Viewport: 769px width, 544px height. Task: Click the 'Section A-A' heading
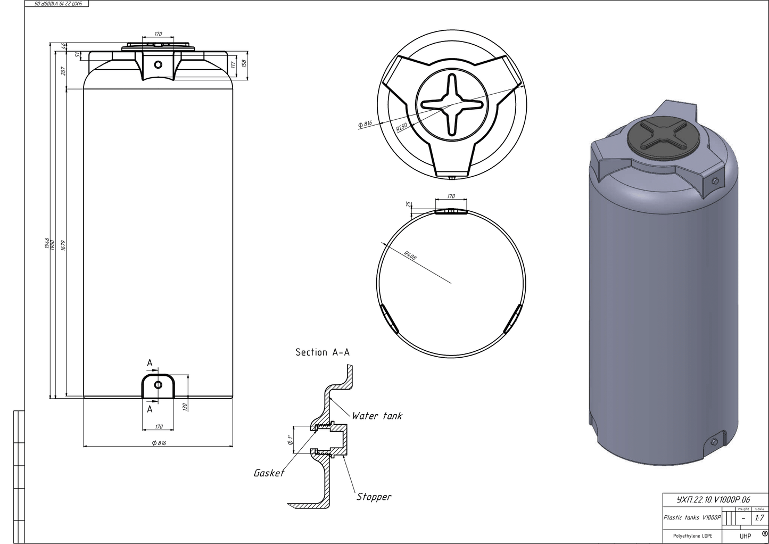323,352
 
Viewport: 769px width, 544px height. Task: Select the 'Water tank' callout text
377,416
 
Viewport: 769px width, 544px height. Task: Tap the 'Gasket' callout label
269,473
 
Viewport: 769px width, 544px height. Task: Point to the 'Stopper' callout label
374,497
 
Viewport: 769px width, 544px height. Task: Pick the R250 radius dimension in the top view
401,127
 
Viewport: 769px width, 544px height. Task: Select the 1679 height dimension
63,245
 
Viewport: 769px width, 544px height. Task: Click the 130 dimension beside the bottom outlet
185,407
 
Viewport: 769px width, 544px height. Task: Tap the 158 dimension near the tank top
244,63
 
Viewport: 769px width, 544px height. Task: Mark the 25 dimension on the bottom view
408,204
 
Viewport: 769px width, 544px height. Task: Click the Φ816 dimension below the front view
159,443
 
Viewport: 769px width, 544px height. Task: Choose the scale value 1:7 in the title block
759,518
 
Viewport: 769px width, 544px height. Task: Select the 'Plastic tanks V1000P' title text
692,517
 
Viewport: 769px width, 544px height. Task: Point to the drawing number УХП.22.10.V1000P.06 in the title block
713,500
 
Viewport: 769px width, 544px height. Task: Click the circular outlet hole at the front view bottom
158,385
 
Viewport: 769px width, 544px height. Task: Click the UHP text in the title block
745,536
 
